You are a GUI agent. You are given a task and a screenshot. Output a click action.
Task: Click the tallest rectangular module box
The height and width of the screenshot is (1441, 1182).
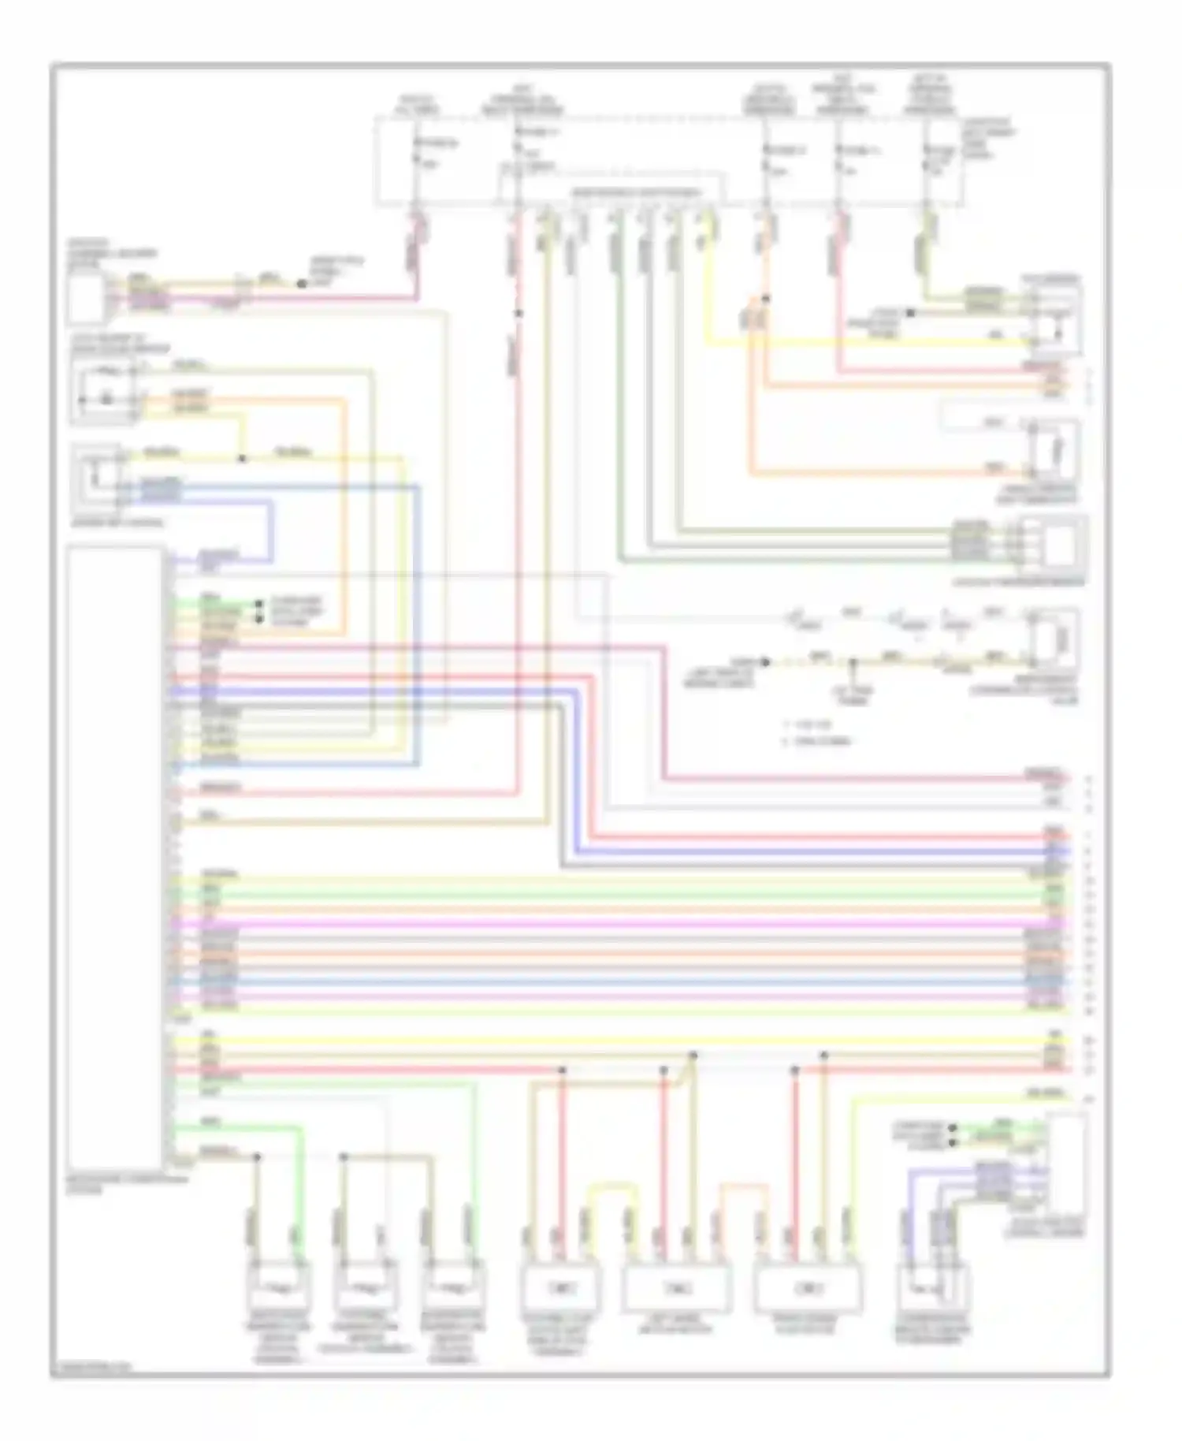[116, 858]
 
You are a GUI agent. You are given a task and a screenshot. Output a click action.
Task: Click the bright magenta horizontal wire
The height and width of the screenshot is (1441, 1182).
[615, 923]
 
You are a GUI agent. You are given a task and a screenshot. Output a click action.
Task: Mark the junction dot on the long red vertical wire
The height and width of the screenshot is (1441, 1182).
[519, 314]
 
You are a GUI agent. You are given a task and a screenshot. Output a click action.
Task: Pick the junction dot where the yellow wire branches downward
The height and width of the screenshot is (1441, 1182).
[243, 459]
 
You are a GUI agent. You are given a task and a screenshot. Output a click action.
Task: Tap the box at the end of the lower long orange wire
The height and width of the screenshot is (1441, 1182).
[1054, 452]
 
